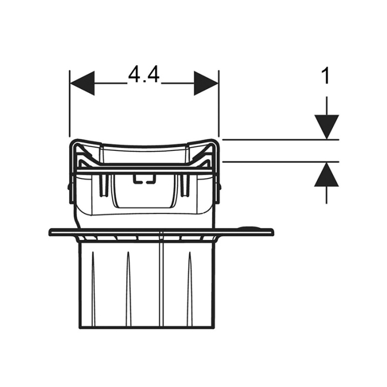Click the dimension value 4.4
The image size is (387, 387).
coord(144,75)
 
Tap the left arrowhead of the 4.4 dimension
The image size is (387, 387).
coord(82,83)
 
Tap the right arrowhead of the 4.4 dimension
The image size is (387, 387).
coord(206,83)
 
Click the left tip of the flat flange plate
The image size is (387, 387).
coord(51,232)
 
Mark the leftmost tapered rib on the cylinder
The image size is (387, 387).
coord(93,271)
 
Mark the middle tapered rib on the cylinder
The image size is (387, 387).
coord(127,271)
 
